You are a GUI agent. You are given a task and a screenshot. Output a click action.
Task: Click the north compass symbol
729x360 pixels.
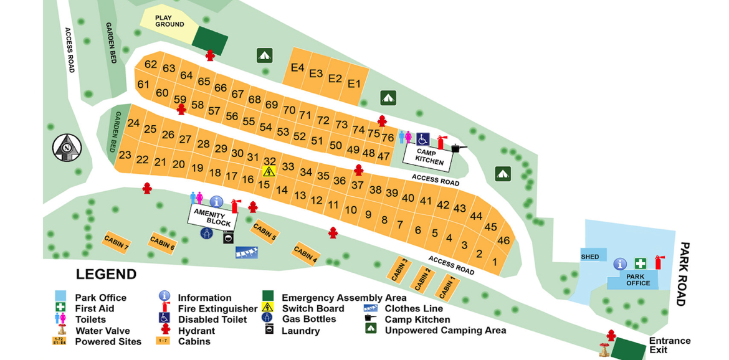(x=67, y=147)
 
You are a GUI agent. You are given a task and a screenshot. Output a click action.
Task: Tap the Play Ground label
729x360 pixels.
(x=169, y=21)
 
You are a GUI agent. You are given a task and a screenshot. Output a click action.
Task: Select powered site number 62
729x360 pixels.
(x=151, y=64)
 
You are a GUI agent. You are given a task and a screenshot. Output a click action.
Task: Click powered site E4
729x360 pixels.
(x=298, y=68)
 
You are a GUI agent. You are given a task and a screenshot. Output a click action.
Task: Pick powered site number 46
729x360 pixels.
(x=503, y=240)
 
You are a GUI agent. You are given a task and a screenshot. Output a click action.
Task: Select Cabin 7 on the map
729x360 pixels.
(x=116, y=242)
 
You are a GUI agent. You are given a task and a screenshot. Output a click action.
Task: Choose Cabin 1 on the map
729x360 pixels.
(x=447, y=288)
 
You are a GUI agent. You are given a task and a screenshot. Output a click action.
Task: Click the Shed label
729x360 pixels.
(x=589, y=257)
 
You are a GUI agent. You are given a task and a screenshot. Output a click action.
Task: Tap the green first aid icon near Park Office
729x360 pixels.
(x=640, y=263)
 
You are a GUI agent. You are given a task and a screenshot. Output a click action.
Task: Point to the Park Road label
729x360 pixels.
(x=684, y=274)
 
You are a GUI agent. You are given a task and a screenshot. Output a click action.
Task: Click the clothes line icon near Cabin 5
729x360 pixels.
(x=247, y=252)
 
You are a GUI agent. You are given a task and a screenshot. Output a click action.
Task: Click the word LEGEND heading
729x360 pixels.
(x=106, y=275)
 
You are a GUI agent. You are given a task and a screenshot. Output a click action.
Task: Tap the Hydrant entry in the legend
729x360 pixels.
(x=196, y=331)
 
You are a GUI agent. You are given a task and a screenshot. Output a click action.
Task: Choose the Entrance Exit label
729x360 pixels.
(x=669, y=346)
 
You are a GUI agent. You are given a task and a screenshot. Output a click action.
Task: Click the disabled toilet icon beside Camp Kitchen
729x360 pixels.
(x=423, y=138)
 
